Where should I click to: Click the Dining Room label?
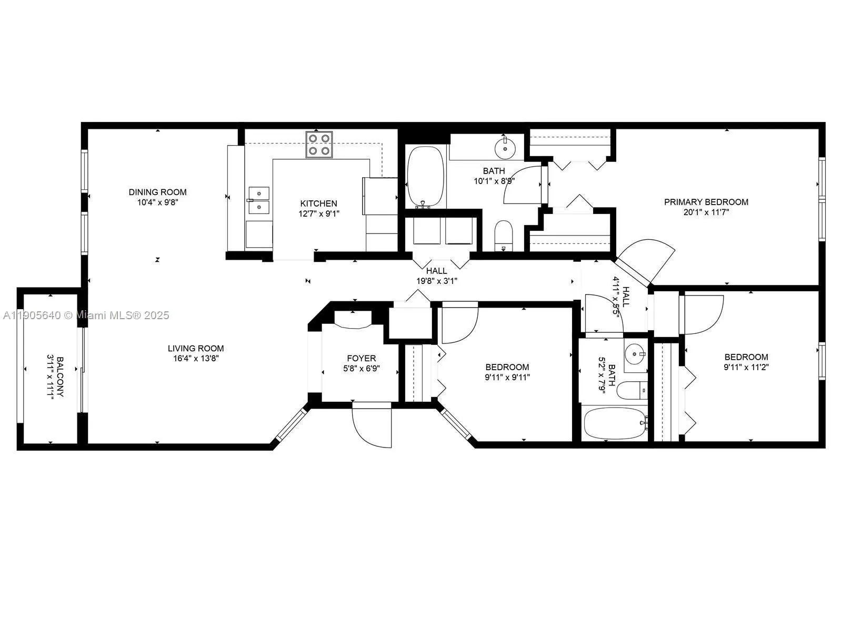click(157, 192)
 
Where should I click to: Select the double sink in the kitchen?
click(258, 200)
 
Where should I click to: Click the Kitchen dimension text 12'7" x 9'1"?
click(319, 213)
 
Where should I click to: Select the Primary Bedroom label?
click(706, 202)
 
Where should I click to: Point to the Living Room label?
click(196, 348)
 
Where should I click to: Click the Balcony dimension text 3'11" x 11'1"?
click(51, 378)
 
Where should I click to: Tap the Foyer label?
click(361, 359)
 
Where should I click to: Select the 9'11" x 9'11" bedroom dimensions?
click(507, 377)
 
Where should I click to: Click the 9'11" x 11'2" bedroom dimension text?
click(746, 367)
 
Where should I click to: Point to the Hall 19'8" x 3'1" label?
click(437, 276)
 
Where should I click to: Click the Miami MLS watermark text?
click(85, 315)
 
